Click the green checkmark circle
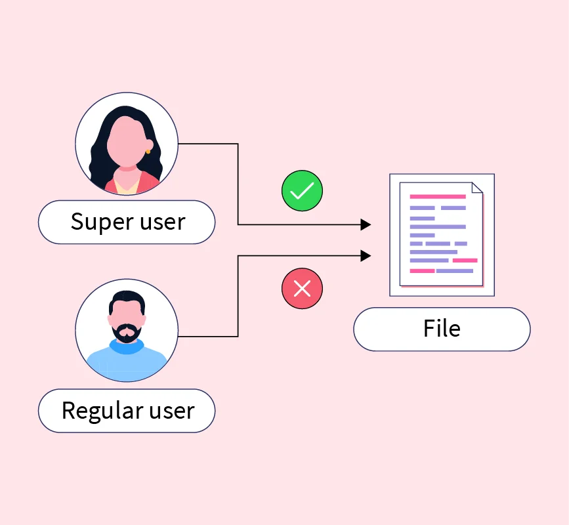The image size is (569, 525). [302, 190]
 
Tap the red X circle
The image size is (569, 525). [302, 289]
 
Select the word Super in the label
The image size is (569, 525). [102, 222]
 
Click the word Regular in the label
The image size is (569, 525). [102, 411]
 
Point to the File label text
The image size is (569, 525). [442, 328]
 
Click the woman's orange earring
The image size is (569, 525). [148, 152]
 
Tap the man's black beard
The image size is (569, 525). [126, 333]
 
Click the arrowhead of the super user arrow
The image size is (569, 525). [366, 224]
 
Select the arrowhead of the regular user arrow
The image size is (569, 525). [366, 256]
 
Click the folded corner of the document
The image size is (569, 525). [477, 188]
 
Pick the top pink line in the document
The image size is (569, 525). [438, 197]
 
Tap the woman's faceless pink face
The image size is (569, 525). [126, 141]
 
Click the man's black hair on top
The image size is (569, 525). [127, 299]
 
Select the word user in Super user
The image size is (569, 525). [163, 222]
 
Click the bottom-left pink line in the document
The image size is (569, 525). [422, 271]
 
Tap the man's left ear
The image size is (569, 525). [144, 320]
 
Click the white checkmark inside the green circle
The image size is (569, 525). [302, 191]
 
